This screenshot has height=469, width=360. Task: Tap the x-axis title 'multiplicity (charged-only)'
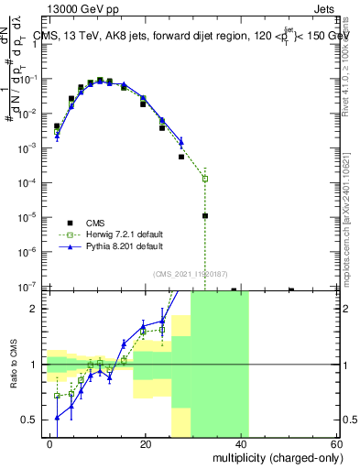pyautogui.click(x=267, y=457)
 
